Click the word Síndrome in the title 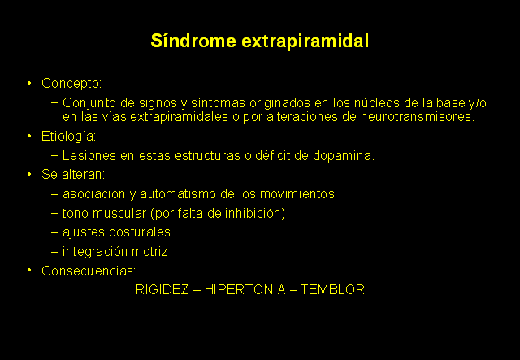coord(193,41)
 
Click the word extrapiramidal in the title coord(305,41)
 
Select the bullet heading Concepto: coord(71,83)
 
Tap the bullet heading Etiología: coord(68,137)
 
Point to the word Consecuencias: coord(89,271)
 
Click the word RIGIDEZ coord(162,289)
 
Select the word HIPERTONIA coord(245,289)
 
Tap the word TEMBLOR coord(332,289)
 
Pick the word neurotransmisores coord(418,117)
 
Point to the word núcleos coord(377,103)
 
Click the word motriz coord(149,251)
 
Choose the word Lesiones coord(89,155)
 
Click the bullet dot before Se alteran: coord(29,174)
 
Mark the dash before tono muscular coord(55,213)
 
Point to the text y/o coord(477,103)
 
